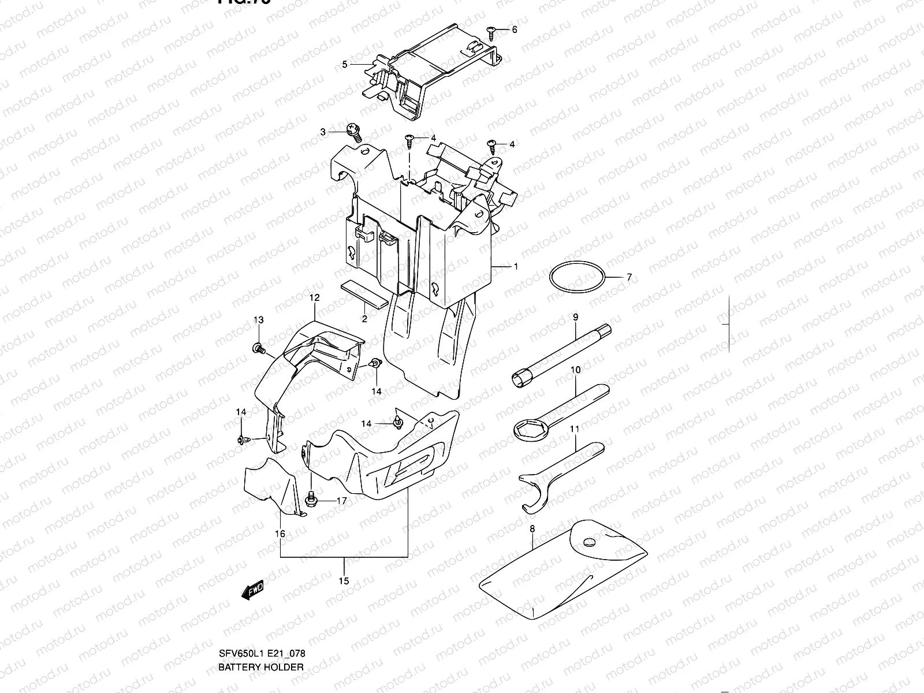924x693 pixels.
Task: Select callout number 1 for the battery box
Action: [516, 267]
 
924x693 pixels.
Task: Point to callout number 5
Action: [345, 64]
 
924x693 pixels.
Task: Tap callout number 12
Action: [314, 297]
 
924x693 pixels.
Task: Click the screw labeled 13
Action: [258, 348]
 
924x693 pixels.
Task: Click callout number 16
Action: [280, 534]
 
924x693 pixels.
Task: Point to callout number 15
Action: [344, 581]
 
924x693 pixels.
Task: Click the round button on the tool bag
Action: [589, 543]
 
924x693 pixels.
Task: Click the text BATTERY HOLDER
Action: [260, 667]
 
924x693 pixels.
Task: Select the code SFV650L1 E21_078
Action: [262, 654]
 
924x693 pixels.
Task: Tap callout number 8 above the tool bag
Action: [532, 528]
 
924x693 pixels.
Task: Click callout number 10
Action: [575, 369]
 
